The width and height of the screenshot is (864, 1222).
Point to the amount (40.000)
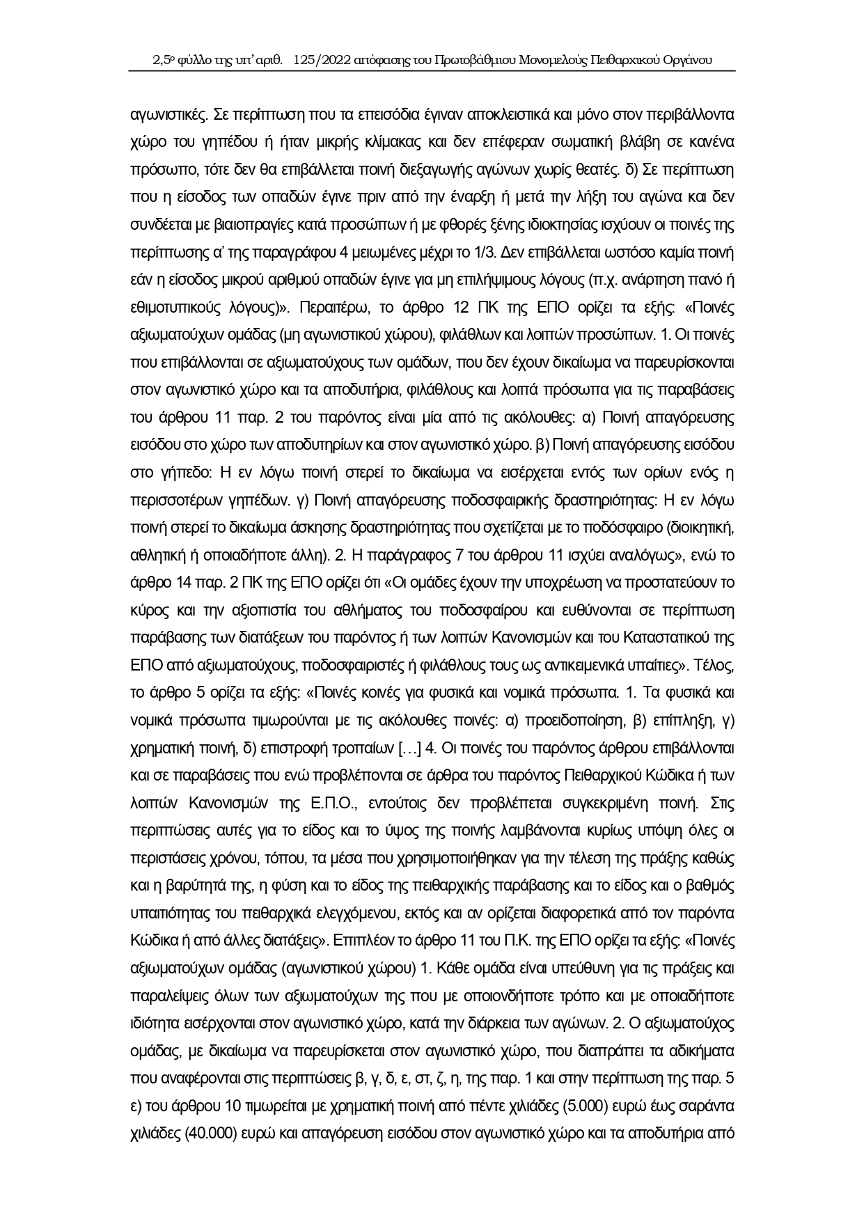tap(206, 1134)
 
